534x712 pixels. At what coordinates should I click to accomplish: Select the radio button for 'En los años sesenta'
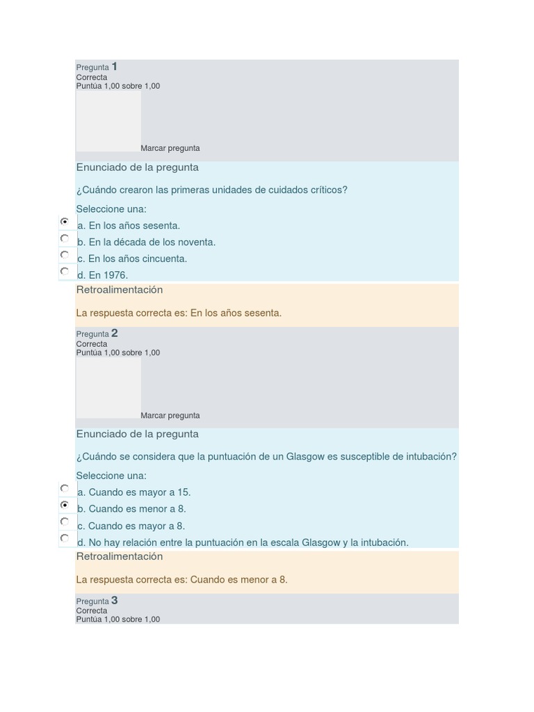pos(65,221)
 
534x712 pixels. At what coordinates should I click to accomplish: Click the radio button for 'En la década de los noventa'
pos(65,238)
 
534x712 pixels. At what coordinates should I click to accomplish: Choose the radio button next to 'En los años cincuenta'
pos(65,254)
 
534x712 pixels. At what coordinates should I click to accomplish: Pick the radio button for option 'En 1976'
pos(65,271)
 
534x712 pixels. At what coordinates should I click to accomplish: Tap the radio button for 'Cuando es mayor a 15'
pos(65,488)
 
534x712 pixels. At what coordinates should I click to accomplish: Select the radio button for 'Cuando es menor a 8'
pos(65,505)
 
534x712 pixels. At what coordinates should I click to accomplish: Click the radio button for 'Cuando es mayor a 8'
pos(65,521)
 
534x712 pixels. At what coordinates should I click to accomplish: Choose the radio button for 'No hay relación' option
pos(65,538)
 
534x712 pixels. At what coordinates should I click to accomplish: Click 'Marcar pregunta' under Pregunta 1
pos(170,148)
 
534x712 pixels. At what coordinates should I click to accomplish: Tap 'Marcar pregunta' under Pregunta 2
pos(170,416)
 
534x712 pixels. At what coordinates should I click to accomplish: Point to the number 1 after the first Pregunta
pos(115,67)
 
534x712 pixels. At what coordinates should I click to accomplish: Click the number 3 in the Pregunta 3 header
pos(115,601)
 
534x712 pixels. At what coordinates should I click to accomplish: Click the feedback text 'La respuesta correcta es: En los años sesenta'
pos(179,313)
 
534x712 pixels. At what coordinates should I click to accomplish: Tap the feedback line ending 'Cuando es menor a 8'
pos(181,580)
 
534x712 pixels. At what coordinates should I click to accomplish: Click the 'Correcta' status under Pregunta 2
pos(92,344)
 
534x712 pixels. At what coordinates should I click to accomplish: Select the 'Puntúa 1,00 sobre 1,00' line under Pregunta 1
pos(118,86)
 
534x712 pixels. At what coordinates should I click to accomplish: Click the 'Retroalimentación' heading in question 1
pos(120,290)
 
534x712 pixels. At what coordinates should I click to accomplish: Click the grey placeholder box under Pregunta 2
pos(108,387)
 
